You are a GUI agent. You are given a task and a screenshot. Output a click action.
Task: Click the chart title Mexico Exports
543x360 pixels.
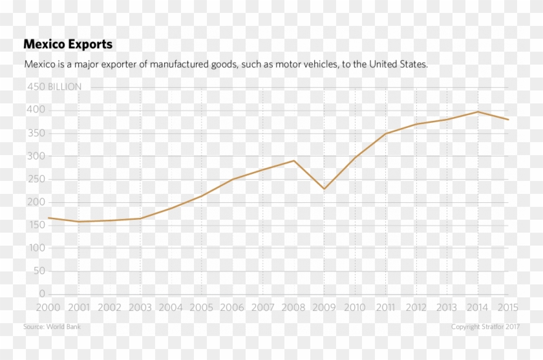[68, 45]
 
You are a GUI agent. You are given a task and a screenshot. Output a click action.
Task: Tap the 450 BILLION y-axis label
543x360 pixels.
[54, 87]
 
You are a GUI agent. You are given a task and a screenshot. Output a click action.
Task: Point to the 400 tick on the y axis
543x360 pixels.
[36, 110]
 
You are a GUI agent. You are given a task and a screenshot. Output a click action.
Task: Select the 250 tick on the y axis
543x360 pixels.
[36, 179]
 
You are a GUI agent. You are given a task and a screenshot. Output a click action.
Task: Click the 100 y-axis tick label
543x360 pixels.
[36, 248]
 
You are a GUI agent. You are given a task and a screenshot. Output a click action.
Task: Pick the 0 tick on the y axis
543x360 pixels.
[42, 293]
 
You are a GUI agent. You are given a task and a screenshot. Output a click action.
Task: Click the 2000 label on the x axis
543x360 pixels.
[48, 308]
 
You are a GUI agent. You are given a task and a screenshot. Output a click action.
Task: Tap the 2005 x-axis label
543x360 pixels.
[202, 308]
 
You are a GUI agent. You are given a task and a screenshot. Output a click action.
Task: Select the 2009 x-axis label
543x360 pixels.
[325, 308]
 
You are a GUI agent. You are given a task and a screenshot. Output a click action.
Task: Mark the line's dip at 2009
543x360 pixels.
[325, 189]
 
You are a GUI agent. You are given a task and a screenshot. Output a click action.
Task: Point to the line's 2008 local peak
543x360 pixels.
[294, 160]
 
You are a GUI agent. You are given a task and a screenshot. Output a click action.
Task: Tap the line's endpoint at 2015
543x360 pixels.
[508, 120]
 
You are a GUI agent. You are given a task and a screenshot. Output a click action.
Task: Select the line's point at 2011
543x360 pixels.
[386, 133]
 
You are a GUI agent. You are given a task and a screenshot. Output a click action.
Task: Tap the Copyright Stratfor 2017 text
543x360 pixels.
[485, 327]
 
